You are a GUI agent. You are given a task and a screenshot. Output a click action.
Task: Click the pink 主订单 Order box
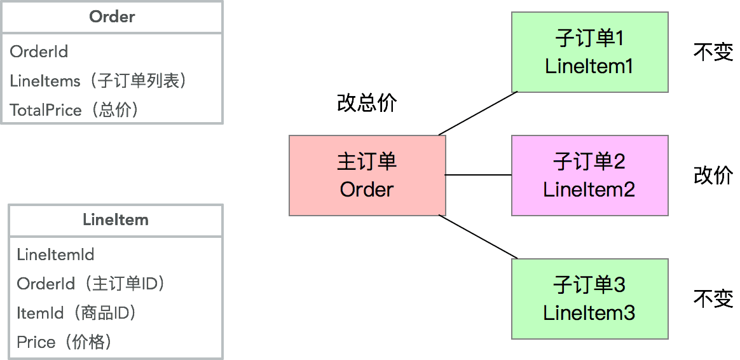tap(367, 175)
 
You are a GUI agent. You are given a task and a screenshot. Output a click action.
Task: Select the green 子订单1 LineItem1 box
tap(589, 52)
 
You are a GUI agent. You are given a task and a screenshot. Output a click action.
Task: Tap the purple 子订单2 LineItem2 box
tap(589, 175)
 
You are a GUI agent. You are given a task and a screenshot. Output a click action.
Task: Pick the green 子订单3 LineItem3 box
tap(589, 298)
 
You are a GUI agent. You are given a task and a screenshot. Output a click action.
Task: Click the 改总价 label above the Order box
tap(367, 103)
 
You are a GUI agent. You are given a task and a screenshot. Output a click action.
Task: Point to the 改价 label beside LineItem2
tap(713, 175)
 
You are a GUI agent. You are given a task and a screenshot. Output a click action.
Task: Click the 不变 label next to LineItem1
tap(713, 52)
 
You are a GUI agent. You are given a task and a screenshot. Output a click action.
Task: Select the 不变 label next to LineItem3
tap(713, 298)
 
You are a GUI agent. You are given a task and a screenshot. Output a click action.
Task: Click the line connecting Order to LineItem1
tap(478, 113)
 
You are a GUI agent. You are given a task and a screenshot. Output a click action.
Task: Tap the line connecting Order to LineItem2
tap(478, 174)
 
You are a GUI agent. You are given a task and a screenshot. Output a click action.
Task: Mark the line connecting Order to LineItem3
tap(478, 237)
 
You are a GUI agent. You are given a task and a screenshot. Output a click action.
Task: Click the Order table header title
tap(112, 17)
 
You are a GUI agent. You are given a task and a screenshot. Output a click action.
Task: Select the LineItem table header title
tap(116, 220)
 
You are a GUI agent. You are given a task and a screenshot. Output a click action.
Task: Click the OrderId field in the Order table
tap(39, 52)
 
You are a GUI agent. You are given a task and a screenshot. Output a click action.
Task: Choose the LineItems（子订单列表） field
tap(99, 81)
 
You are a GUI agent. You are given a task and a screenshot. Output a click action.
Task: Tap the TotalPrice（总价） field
tap(74, 110)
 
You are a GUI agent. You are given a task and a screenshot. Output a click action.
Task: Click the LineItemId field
tap(56, 255)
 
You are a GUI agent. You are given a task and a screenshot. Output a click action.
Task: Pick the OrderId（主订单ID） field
tap(91, 284)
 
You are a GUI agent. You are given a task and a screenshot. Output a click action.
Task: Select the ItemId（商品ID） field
tap(77, 313)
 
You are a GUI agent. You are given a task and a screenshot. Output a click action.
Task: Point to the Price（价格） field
tap(65, 342)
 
